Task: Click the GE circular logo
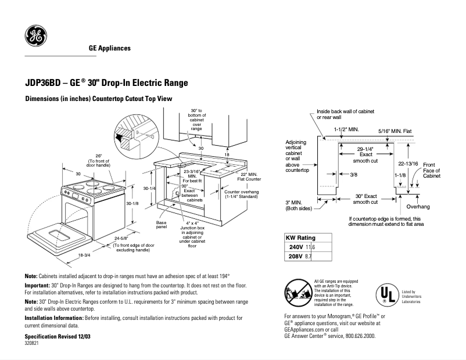click(x=35, y=37)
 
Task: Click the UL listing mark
click(x=385, y=294)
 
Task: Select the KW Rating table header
click(x=300, y=238)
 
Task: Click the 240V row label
click(x=296, y=247)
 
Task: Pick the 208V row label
click(x=296, y=256)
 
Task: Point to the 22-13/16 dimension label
click(x=408, y=163)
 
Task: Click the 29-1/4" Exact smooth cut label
click(x=365, y=154)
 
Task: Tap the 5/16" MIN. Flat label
click(x=395, y=131)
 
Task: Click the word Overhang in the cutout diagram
click(x=418, y=206)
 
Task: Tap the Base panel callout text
click(x=162, y=224)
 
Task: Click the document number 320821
click(x=32, y=344)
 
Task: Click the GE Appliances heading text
click(x=109, y=48)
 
